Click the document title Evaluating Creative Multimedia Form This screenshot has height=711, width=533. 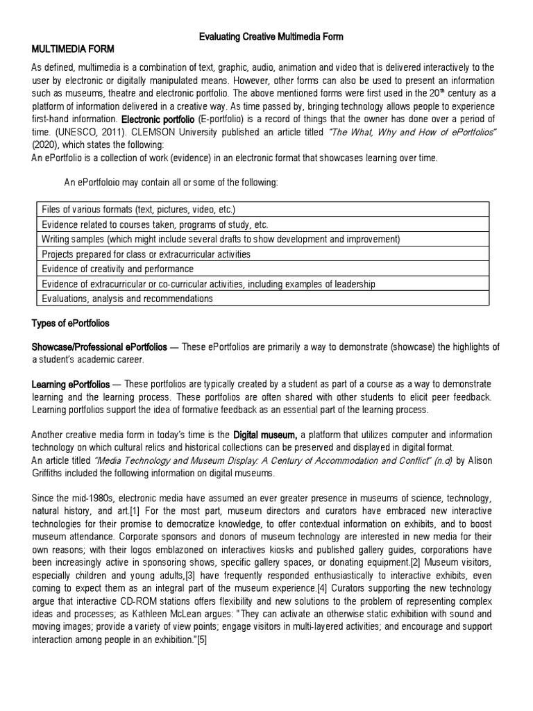coord(266,36)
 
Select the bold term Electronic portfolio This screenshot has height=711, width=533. coord(156,119)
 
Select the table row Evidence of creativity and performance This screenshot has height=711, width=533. coord(117,269)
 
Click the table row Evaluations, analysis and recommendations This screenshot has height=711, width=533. coord(127,299)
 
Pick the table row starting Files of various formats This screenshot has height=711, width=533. coord(138,209)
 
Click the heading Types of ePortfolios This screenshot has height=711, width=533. coord(70,324)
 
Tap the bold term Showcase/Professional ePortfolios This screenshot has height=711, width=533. coord(99,346)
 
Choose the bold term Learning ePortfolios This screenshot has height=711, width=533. coord(70,384)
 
